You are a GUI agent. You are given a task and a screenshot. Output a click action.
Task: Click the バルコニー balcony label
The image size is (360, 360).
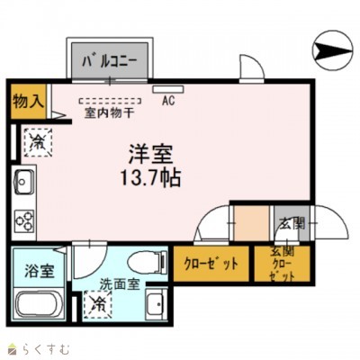(x=110, y=62)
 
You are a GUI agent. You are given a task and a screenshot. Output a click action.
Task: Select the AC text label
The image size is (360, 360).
(x=168, y=101)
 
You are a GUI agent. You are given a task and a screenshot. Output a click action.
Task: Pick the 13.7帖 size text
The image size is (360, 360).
(x=149, y=175)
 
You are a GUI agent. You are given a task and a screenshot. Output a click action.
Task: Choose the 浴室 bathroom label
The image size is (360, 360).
(x=37, y=271)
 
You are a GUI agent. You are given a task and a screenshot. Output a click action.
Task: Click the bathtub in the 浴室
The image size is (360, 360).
(x=38, y=309)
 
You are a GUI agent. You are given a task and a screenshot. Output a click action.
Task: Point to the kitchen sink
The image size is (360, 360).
(x=24, y=184)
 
